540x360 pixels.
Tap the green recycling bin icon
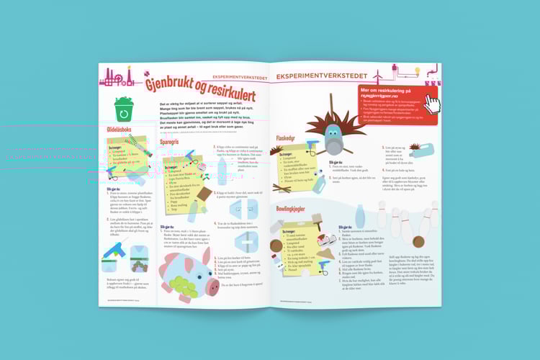[x=124, y=110]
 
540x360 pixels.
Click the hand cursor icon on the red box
[x=433, y=104]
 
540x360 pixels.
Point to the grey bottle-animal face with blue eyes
[x=330, y=134]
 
